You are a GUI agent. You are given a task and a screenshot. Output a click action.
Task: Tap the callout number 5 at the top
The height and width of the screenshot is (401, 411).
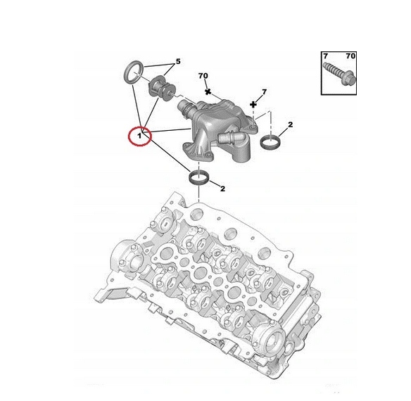[x=178, y=62]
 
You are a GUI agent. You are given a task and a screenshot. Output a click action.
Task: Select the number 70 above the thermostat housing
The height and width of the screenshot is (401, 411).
[x=203, y=76]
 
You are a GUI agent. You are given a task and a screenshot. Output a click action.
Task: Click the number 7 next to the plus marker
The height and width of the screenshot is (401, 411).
[x=264, y=92]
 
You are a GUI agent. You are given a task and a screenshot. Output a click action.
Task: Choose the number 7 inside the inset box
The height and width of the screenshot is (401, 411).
[x=326, y=55]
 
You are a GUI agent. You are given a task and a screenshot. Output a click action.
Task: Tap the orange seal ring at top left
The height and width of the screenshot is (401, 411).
[x=133, y=70]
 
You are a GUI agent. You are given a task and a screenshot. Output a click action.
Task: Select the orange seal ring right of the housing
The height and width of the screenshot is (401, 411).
[x=270, y=144]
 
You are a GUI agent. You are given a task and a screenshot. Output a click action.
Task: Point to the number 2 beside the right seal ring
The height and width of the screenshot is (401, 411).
[x=290, y=125]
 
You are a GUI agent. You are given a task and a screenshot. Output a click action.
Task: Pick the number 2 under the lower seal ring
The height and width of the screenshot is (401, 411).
[x=222, y=188]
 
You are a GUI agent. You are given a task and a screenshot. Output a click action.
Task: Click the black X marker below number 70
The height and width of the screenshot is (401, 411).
[x=208, y=91]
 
